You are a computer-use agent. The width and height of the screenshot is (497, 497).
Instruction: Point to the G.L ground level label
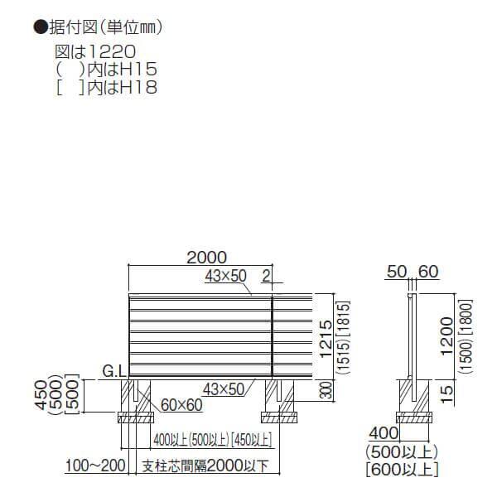(114, 370)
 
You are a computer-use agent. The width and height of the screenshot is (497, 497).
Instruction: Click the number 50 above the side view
(396, 270)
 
